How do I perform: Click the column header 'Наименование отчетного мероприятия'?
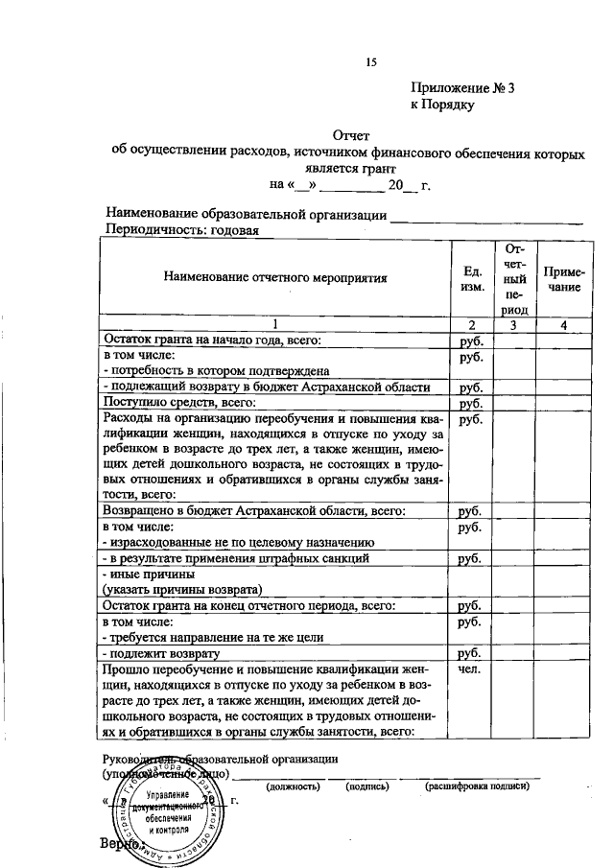(274, 278)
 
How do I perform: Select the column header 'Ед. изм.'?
(471, 278)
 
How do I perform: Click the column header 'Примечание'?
(564, 278)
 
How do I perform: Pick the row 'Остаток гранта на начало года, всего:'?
(211, 340)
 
